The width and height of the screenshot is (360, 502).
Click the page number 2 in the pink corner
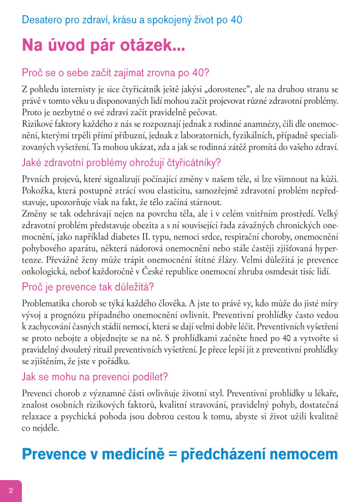(x=10, y=491)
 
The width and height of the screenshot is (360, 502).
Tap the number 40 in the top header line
(x=236, y=20)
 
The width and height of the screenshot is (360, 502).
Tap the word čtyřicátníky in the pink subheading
(x=180, y=162)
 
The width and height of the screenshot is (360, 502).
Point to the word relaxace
(x=37, y=417)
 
